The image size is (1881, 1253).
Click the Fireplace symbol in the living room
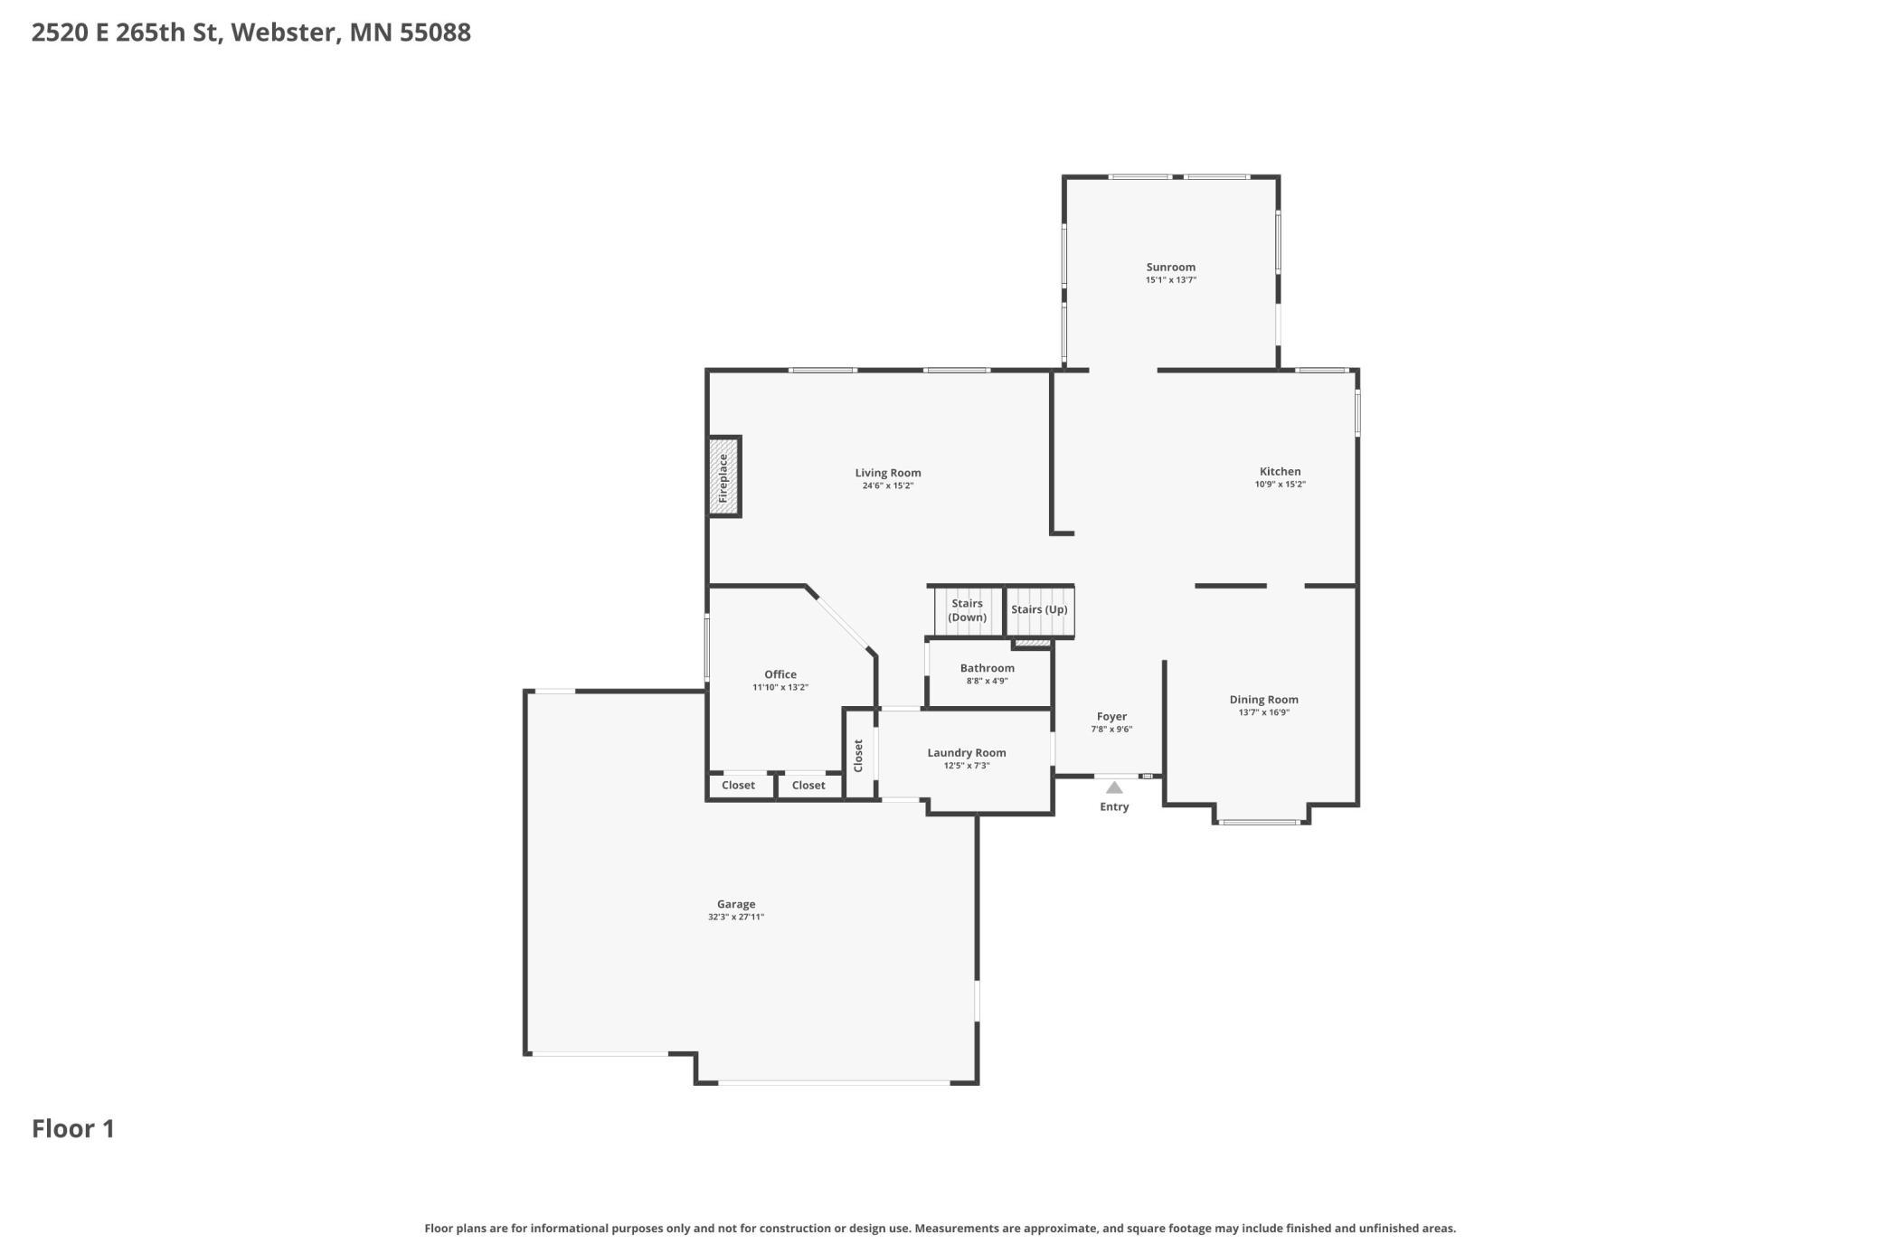[723, 476]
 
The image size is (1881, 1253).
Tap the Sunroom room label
[1170, 267]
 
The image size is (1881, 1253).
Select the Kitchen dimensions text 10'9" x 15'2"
[1280, 485]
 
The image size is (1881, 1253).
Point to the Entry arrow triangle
[1114, 787]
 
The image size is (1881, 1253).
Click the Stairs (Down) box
[968, 611]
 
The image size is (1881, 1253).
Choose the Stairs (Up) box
[1039, 611]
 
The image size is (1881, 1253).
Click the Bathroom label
[987, 668]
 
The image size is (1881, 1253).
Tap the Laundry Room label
[966, 752]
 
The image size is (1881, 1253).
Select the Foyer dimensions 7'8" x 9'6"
[1111, 730]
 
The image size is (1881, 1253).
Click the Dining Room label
[1263, 700]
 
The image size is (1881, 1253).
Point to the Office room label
[780, 674]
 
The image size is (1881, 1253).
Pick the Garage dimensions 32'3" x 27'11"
[736, 918]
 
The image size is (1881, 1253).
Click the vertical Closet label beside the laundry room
[858, 756]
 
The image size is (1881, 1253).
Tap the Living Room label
[888, 473]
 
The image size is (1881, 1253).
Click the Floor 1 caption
[73, 1129]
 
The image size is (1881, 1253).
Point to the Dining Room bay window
[1260, 822]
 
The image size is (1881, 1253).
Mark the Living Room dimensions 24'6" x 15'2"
[888, 486]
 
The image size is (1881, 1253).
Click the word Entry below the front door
[1114, 807]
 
